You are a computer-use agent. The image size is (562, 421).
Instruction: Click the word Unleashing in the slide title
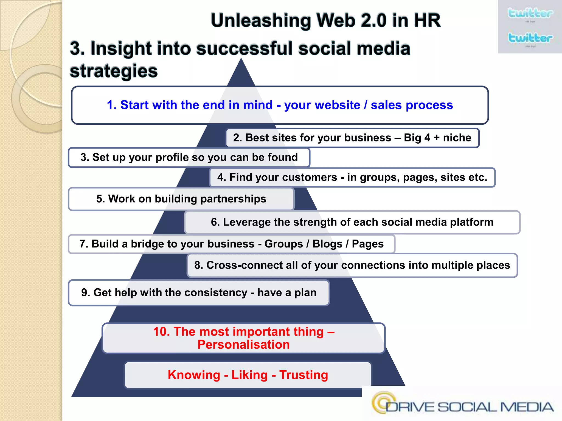(x=260, y=21)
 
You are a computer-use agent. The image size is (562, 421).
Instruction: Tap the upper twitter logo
(x=530, y=13)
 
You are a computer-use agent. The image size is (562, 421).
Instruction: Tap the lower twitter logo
(x=530, y=38)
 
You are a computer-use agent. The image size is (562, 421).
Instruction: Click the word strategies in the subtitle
(x=114, y=71)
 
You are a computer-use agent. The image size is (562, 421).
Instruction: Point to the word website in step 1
(x=322, y=105)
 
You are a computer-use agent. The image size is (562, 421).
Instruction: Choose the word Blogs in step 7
(x=327, y=244)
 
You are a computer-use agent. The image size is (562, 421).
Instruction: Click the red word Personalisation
(x=243, y=345)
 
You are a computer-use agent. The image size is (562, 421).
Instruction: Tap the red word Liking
(x=249, y=375)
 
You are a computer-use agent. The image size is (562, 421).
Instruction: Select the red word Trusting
(x=304, y=375)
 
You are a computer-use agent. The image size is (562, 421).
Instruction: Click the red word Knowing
(x=194, y=375)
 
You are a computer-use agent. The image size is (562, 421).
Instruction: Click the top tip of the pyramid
(x=241, y=60)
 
